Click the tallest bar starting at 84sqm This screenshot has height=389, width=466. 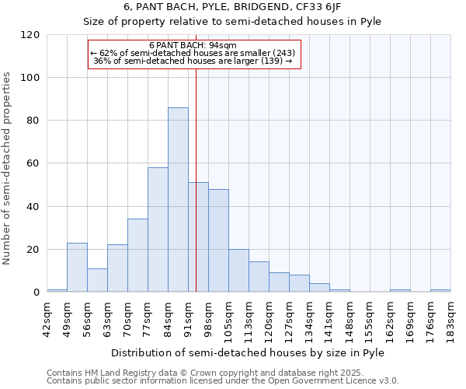[178, 200]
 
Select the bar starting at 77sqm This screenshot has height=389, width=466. [158, 230]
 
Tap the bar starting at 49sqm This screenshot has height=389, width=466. [77, 268]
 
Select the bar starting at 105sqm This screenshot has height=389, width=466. [238, 271]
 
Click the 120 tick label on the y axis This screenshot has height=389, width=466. [30, 35]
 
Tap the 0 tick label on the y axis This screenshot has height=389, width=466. [37, 293]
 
